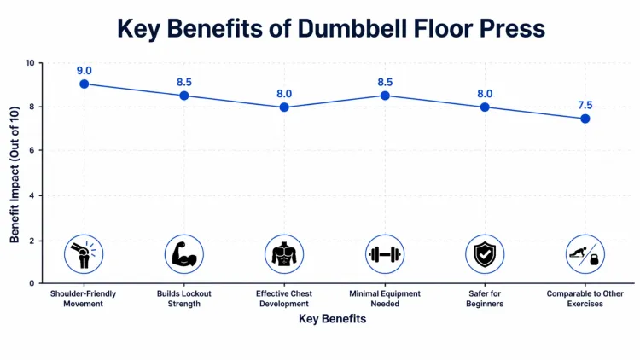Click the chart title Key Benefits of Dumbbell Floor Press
[330, 28]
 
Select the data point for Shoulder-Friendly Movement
[84, 84]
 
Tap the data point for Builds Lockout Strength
[183, 96]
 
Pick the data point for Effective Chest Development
[284, 107]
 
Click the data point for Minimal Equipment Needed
[385, 96]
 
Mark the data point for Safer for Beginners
[485, 107]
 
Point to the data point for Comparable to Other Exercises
[585, 119]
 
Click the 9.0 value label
[84, 68]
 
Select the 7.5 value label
[585, 104]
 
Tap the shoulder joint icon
[84, 254]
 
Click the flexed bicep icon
[183, 254]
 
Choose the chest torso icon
[284, 254]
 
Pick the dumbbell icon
[385, 254]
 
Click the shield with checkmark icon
[485, 254]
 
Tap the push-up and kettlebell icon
[585, 254]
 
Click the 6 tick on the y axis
[32, 151]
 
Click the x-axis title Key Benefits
[332, 319]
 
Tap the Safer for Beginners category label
[485, 299]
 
